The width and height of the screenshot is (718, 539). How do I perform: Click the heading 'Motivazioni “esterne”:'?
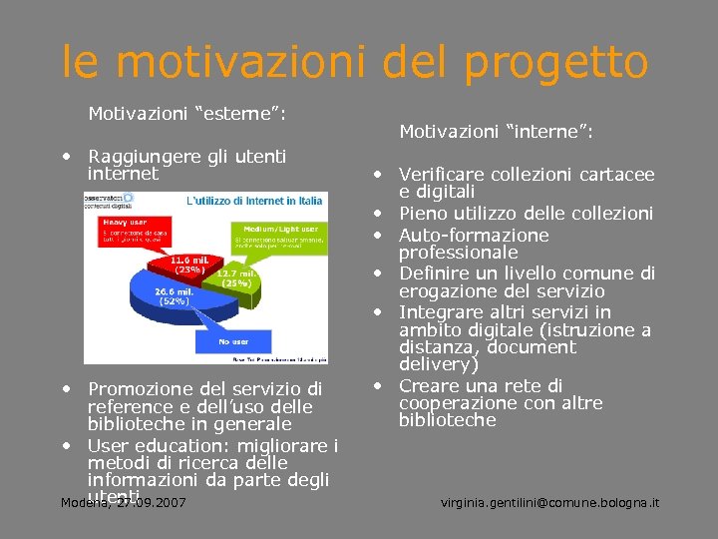click(187, 114)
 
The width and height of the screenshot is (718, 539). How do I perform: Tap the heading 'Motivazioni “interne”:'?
click(497, 132)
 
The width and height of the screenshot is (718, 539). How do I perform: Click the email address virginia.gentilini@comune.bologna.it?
click(549, 502)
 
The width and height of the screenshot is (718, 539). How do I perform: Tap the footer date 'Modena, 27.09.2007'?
click(123, 502)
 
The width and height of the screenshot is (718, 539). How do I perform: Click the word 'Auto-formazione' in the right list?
click(474, 236)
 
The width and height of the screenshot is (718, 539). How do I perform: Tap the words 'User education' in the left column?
click(150, 445)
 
